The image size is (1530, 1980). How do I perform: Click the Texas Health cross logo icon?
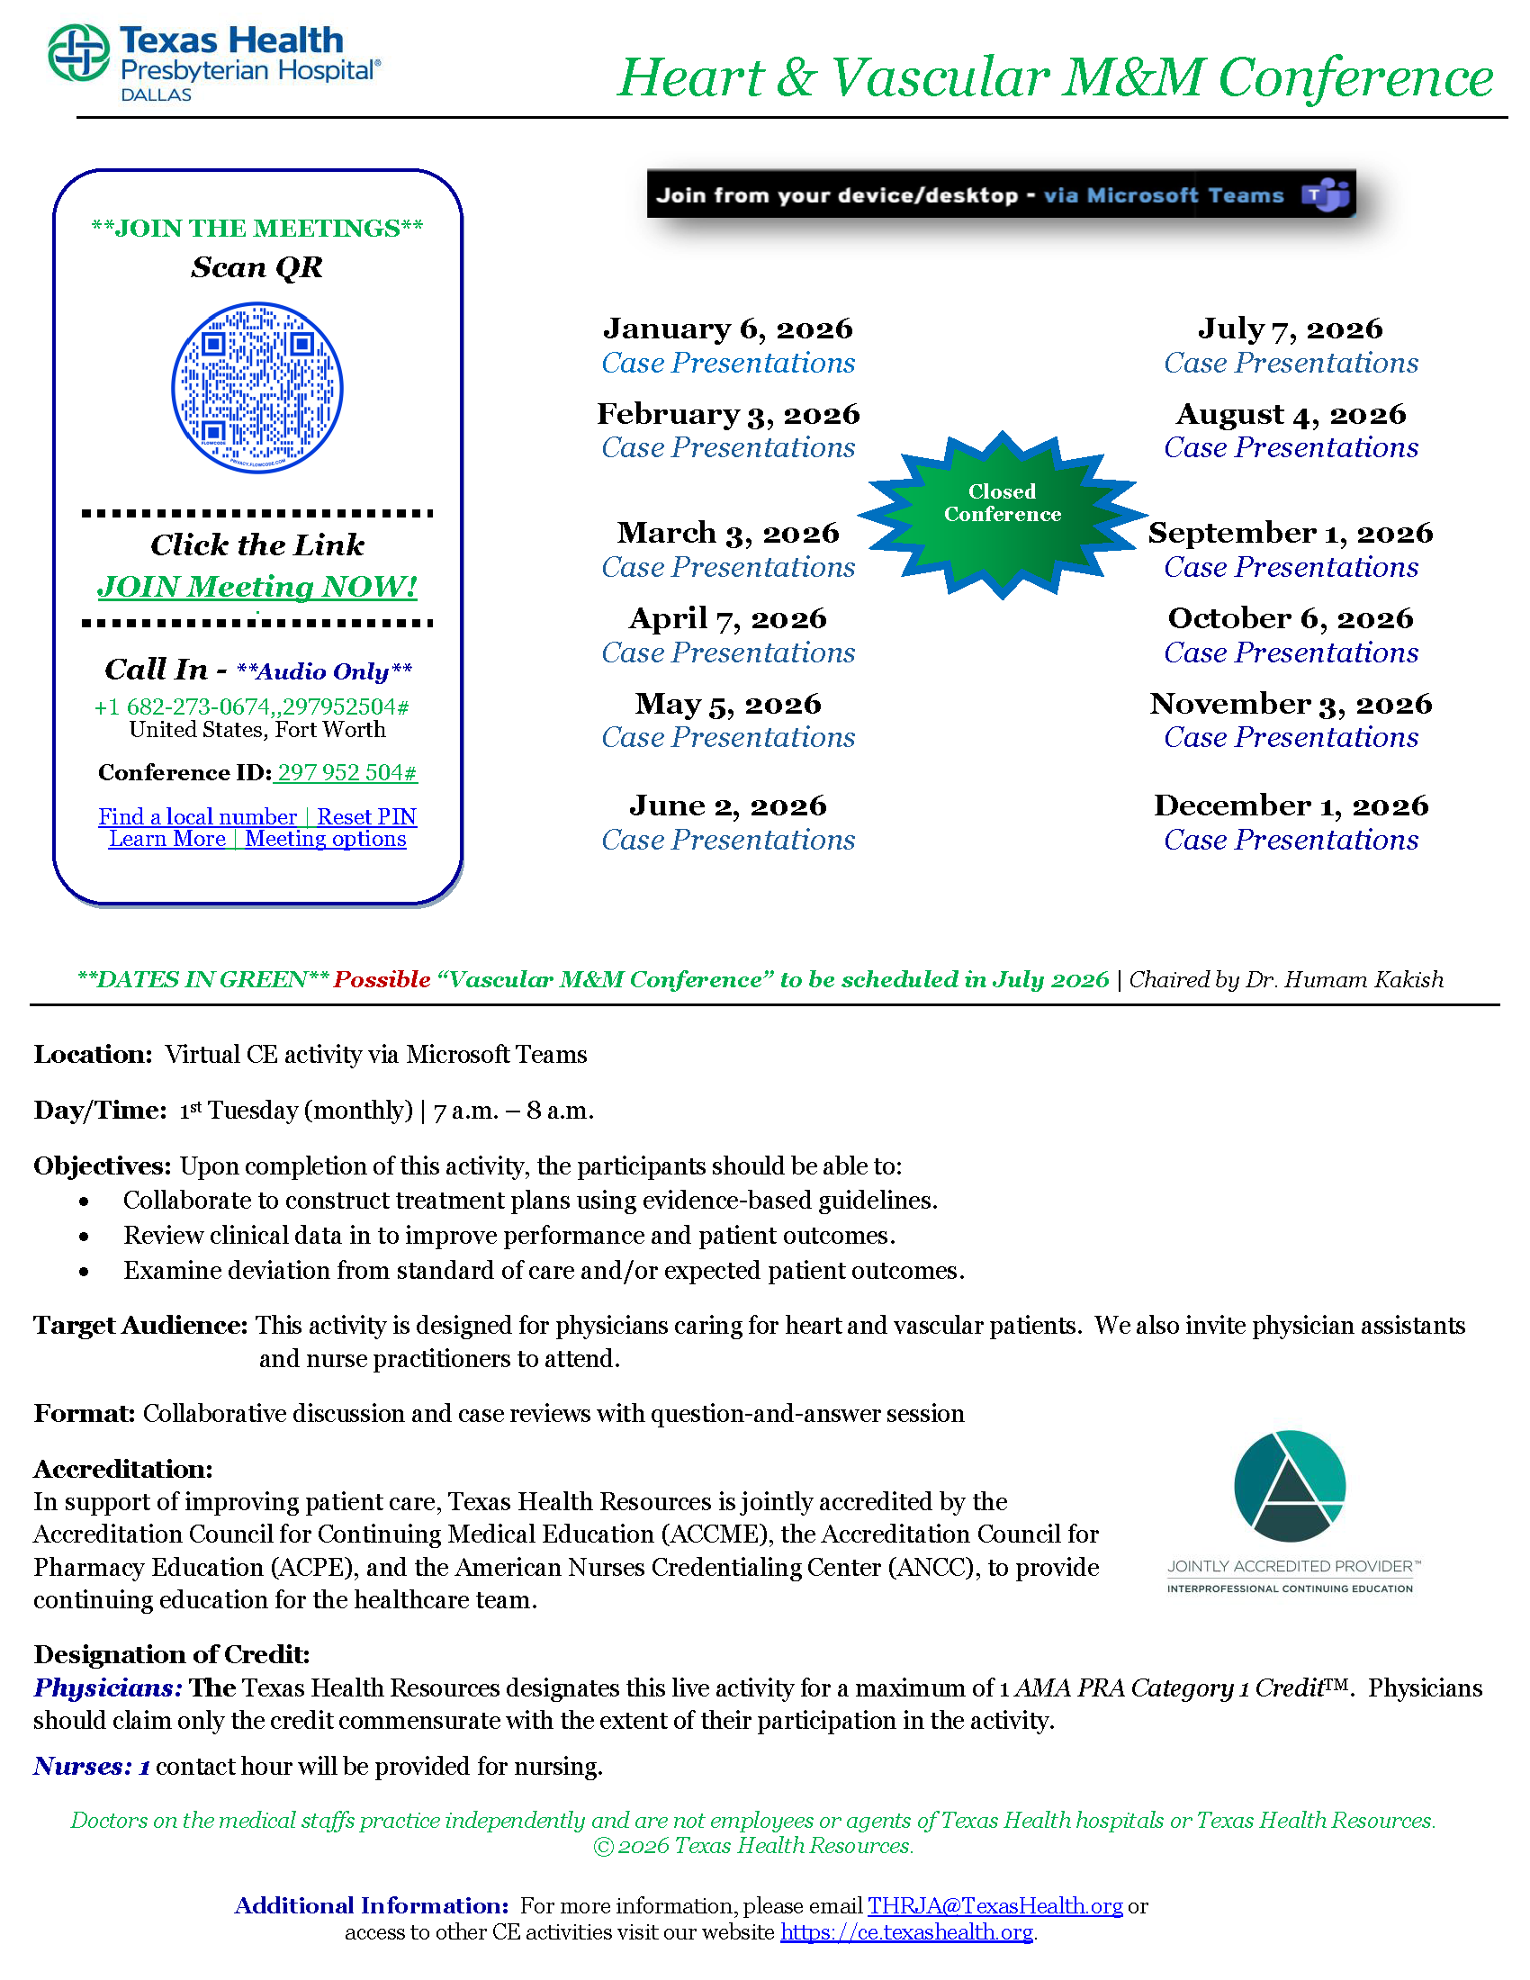click(78, 53)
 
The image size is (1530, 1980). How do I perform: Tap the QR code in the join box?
click(257, 388)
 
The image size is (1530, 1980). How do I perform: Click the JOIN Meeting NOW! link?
click(257, 587)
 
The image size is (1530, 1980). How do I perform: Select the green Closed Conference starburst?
click(1002, 513)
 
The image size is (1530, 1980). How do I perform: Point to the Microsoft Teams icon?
click(1325, 195)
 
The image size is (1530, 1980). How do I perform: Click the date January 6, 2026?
click(728, 328)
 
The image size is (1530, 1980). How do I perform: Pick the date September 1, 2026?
click(1290, 532)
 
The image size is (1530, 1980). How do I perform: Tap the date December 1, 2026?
click(1290, 805)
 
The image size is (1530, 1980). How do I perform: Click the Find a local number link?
click(198, 817)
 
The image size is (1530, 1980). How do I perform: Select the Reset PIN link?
click(366, 817)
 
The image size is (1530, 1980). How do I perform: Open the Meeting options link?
click(326, 839)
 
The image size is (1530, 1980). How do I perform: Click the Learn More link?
click(167, 839)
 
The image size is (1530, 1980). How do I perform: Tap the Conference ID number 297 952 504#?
click(346, 772)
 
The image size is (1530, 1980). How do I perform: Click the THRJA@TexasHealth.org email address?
click(994, 1905)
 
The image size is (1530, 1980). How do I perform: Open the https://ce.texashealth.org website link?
click(906, 1932)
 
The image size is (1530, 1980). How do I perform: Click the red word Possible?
click(382, 979)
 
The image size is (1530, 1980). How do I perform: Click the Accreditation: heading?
click(123, 1469)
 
